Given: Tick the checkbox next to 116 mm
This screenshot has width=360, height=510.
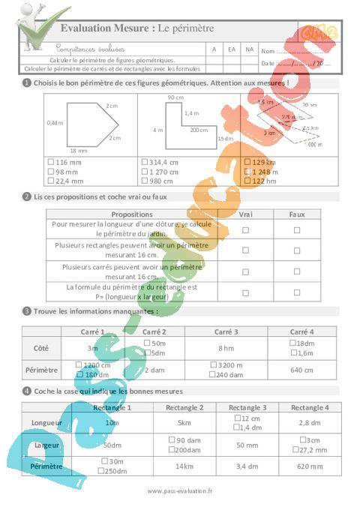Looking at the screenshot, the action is tap(49, 162).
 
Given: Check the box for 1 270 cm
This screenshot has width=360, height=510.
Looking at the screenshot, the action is tap(144, 171).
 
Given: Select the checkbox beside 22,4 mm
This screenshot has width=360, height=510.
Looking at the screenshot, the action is tap(49, 180).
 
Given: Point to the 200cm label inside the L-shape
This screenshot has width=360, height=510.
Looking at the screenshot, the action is tap(199, 130).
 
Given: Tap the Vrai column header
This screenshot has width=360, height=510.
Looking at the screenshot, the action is tap(245, 214).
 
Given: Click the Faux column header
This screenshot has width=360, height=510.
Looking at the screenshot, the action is tap(297, 214).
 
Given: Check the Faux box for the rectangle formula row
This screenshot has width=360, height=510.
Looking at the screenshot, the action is tap(297, 291).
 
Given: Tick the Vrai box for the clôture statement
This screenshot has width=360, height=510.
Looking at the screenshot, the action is tap(245, 229).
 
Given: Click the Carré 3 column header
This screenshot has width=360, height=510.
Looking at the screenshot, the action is tap(226, 331).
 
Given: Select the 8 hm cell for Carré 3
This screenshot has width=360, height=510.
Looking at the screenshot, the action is tap(226, 348).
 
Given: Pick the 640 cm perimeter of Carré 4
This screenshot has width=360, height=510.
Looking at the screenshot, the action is tap(301, 370).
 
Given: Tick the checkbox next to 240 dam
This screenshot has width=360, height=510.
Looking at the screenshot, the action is tap(211, 373).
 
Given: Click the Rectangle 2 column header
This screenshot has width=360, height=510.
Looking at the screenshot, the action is tap(184, 407).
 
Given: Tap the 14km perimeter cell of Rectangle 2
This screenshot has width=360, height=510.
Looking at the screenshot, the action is tap(184, 466).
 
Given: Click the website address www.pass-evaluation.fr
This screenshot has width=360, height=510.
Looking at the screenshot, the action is tap(180, 491).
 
